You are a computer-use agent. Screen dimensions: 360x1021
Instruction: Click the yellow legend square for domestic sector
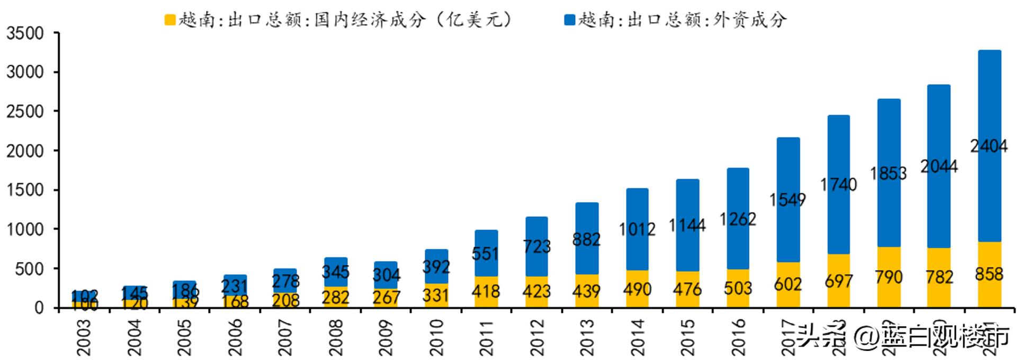(170, 20)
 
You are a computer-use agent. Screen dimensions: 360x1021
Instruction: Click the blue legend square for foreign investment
(570, 20)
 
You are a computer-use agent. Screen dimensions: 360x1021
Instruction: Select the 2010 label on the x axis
(436, 337)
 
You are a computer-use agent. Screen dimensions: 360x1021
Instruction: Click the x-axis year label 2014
(637, 337)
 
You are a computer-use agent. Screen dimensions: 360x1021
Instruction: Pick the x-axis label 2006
(235, 337)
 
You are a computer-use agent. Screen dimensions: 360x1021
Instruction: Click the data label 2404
(989, 146)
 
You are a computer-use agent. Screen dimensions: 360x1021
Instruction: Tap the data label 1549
(787, 200)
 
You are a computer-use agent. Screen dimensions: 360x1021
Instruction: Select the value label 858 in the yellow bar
(989, 274)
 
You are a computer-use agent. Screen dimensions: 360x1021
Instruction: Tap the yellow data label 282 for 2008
(335, 297)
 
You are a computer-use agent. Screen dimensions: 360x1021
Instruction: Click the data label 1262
(738, 219)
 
